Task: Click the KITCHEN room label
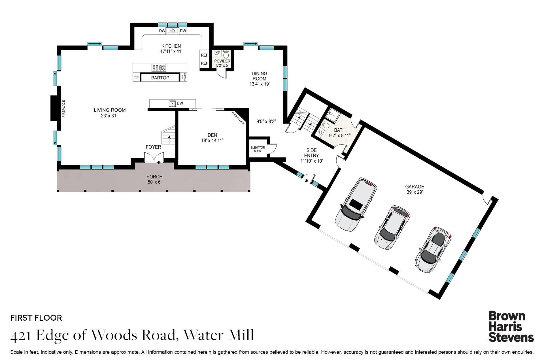pos(171,46)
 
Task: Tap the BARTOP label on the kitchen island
pos(160,78)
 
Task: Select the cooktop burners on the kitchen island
pos(159,68)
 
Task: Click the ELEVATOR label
pos(258,148)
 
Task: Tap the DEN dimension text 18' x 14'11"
pos(212,141)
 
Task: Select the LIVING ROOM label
pos(110,110)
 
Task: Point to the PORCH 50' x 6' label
pos(154,179)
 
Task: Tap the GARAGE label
pos(415,187)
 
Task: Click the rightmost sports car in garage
pos(432,249)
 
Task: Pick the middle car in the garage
pos(392,227)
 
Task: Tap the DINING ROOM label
pos(259,76)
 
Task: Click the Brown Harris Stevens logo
pos(511,327)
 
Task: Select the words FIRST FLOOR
pos(36,318)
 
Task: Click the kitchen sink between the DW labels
pos(172,31)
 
